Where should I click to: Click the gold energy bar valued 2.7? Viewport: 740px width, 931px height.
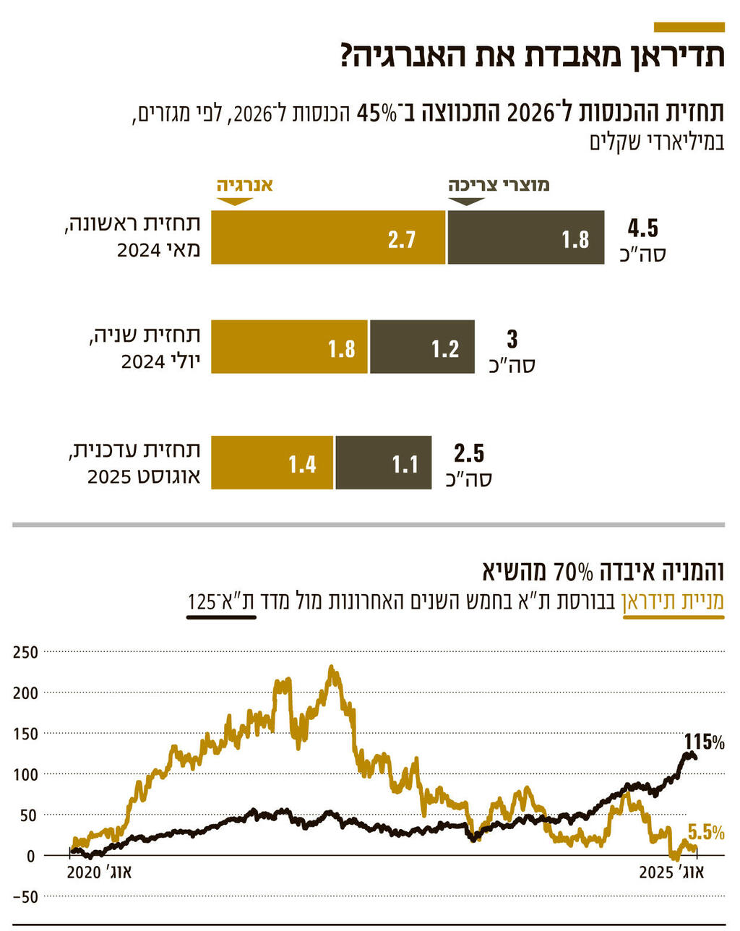tap(328, 237)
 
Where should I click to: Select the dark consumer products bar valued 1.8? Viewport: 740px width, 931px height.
tap(525, 237)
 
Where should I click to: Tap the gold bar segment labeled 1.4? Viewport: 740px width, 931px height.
tap(272, 463)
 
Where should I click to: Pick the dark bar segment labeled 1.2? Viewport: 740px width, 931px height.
tap(422, 347)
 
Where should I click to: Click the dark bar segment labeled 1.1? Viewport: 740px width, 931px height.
tap(383, 463)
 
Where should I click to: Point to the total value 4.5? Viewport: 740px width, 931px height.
tap(642, 229)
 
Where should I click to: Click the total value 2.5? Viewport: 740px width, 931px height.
tap(469, 454)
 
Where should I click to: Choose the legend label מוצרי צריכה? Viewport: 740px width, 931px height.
tap(499, 184)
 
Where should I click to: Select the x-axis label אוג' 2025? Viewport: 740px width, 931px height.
tap(671, 872)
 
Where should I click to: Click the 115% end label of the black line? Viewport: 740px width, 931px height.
tap(704, 742)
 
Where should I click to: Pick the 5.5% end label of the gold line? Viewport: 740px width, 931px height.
tap(705, 832)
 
